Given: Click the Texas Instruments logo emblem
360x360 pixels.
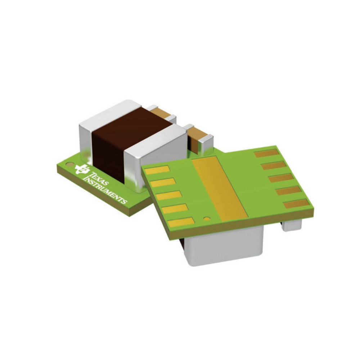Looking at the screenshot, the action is (82, 169).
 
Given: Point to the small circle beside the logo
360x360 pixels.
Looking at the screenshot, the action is (68, 165).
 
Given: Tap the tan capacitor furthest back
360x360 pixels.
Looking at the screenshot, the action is (161, 112).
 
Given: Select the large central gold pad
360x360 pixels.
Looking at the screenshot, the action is (220, 188).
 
